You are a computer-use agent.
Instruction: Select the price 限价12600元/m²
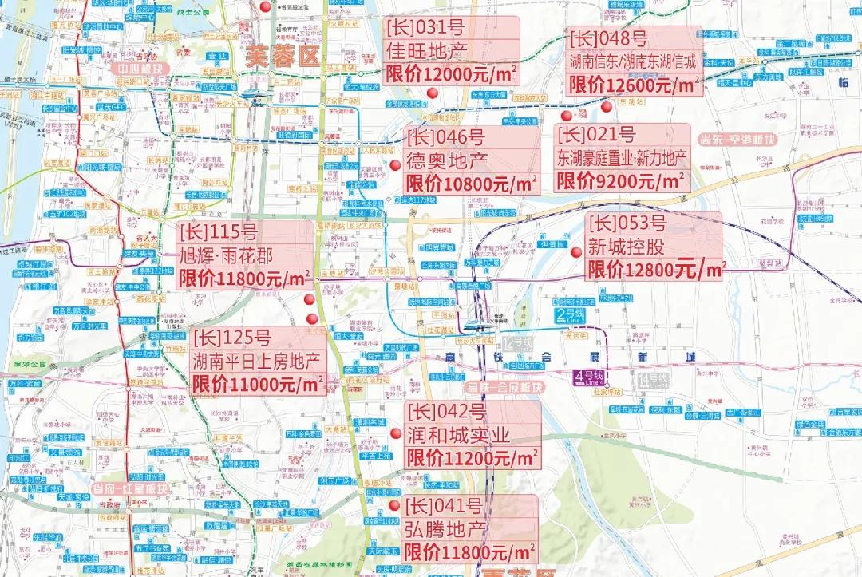(635, 84)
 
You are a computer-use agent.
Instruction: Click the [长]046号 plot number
(445, 138)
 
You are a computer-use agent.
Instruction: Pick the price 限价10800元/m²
(472, 183)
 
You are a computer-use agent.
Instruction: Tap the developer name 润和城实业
(458, 436)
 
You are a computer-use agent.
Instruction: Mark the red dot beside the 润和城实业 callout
(395, 434)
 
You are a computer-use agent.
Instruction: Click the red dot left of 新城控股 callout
(576, 252)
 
